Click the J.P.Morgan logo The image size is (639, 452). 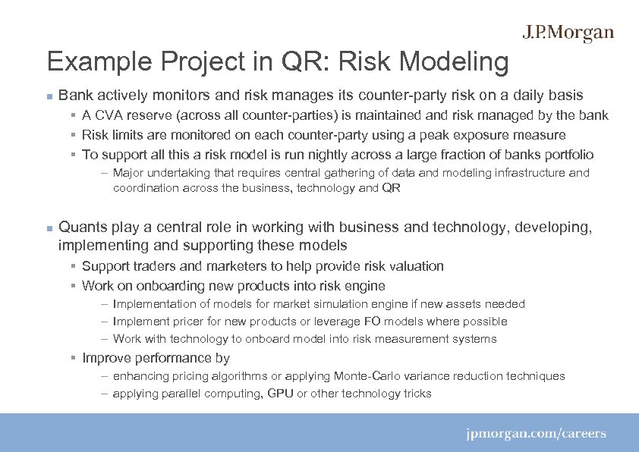(568, 33)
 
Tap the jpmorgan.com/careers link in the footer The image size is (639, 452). (536, 434)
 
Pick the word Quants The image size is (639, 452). (83, 227)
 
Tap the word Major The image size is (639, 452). (127, 173)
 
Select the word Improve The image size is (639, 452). (105, 358)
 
